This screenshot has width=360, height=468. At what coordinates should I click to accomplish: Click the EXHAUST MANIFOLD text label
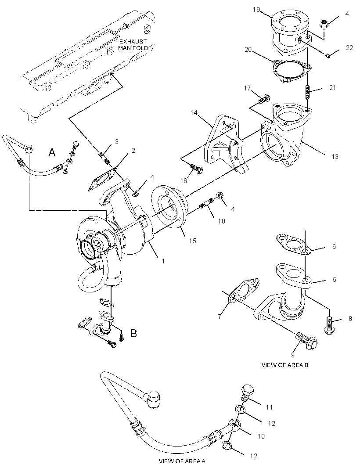click(x=133, y=44)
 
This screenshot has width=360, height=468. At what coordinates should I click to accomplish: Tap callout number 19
click(x=256, y=10)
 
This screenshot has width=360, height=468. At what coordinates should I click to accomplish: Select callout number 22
click(x=349, y=48)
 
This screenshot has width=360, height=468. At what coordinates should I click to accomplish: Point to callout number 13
click(x=335, y=156)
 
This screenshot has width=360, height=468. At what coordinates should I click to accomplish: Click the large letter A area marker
click(x=52, y=152)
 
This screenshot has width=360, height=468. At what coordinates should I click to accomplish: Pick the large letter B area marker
click(x=133, y=333)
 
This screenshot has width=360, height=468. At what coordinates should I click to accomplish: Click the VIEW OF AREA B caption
click(x=285, y=365)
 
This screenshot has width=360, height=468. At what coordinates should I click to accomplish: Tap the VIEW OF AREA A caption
click(x=182, y=461)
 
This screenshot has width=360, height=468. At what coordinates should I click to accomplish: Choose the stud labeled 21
click(x=308, y=92)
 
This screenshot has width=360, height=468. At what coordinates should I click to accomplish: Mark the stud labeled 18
click(x=206, y=203)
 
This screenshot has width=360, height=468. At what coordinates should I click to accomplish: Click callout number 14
click(x=194, y=112)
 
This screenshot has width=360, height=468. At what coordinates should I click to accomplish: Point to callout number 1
click(x=163, y=261)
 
